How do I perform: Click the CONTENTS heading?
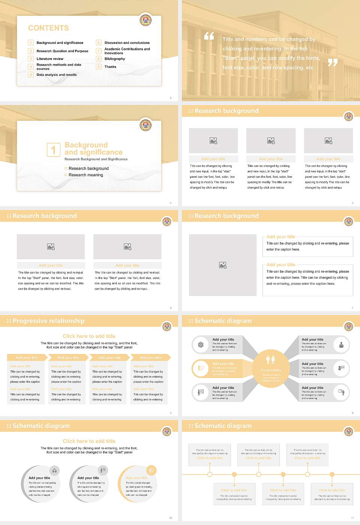[x=48, y=28]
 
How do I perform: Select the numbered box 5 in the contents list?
[x=31, y=75]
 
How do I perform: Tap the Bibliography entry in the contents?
[x=114, y=59]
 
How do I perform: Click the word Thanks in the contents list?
[x=110, y=67]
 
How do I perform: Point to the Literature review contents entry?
[x=50, y=59]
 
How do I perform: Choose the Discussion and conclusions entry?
[x=127, y=43]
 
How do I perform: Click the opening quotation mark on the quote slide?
[x=209, y=36]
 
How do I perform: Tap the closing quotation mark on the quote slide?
[x=333, y=63]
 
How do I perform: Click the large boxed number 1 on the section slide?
[x=53, y=150]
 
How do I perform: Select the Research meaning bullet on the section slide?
[x=85, y=175]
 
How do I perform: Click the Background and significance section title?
[x=93, y=148]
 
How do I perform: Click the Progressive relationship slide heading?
[x=48, y=321]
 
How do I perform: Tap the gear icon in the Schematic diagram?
[x=201, y=345]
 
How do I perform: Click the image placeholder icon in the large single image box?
[x=223, y=265]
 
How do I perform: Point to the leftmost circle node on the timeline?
[x=210, y=474]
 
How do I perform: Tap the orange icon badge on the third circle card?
[x=151, y=470]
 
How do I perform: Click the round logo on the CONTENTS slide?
[x=145, y=20]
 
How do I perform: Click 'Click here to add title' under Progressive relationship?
[x=89, y=336]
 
